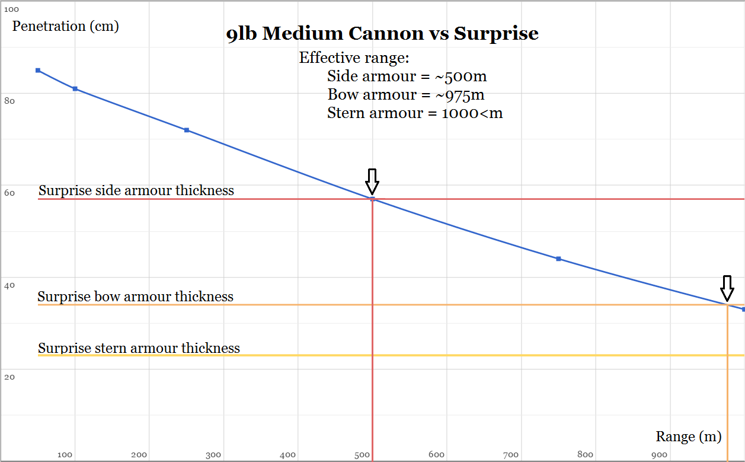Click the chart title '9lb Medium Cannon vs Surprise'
[382, 34]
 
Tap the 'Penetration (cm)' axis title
[65, 26]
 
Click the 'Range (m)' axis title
[688, 436]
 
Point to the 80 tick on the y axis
[9, 101]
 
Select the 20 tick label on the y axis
[9, 377]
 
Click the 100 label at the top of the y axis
[11, 9]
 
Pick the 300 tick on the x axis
[213, 455]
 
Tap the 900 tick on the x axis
[660, 455]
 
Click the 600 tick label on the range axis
[436, 455]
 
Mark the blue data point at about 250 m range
[186, 130]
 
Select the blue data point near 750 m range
[558, 259]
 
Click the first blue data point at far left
[38, 71]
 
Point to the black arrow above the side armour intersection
[372, 181]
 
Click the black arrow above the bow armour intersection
[727, 289]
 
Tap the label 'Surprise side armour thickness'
[136, 190]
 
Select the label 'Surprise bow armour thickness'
[136, 297]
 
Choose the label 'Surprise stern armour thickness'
[139, 348]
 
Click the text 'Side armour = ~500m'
[407, 77]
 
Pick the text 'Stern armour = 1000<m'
[414, 113]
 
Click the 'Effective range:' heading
[354, 58]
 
